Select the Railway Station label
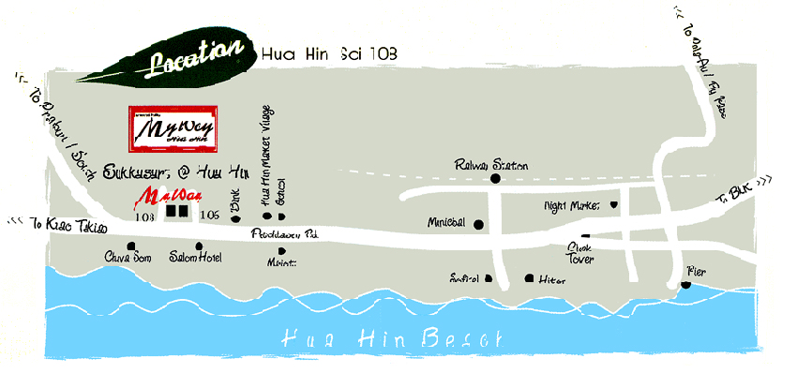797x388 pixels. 491,164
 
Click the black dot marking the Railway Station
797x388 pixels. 495,179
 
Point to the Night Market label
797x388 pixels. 573,204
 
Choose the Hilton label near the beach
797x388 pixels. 550,278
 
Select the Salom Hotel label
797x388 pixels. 195,257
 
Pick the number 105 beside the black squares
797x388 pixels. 210,216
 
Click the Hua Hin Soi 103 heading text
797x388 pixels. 329,55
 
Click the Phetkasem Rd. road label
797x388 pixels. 284,235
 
